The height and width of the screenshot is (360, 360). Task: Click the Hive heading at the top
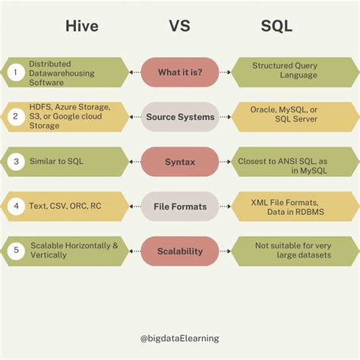(82, 27)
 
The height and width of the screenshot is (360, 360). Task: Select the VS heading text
(180, 27)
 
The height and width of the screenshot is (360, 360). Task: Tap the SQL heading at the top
(276, 27)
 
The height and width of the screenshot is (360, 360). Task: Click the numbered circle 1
(14, 72)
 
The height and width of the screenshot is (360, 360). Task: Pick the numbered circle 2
(14, 117)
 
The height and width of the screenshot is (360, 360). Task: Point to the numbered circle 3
(14, 162)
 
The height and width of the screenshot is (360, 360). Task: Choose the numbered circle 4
(14, 207)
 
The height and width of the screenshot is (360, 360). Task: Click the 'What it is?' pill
(180, 72)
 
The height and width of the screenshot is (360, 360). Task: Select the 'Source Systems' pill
(180, 117)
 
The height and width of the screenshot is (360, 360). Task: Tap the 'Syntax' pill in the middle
(180, 162)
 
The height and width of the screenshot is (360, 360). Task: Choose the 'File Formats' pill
(180, 206)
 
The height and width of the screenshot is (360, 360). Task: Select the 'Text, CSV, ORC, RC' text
(65, 207)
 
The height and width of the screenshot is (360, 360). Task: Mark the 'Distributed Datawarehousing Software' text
(61, 72)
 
